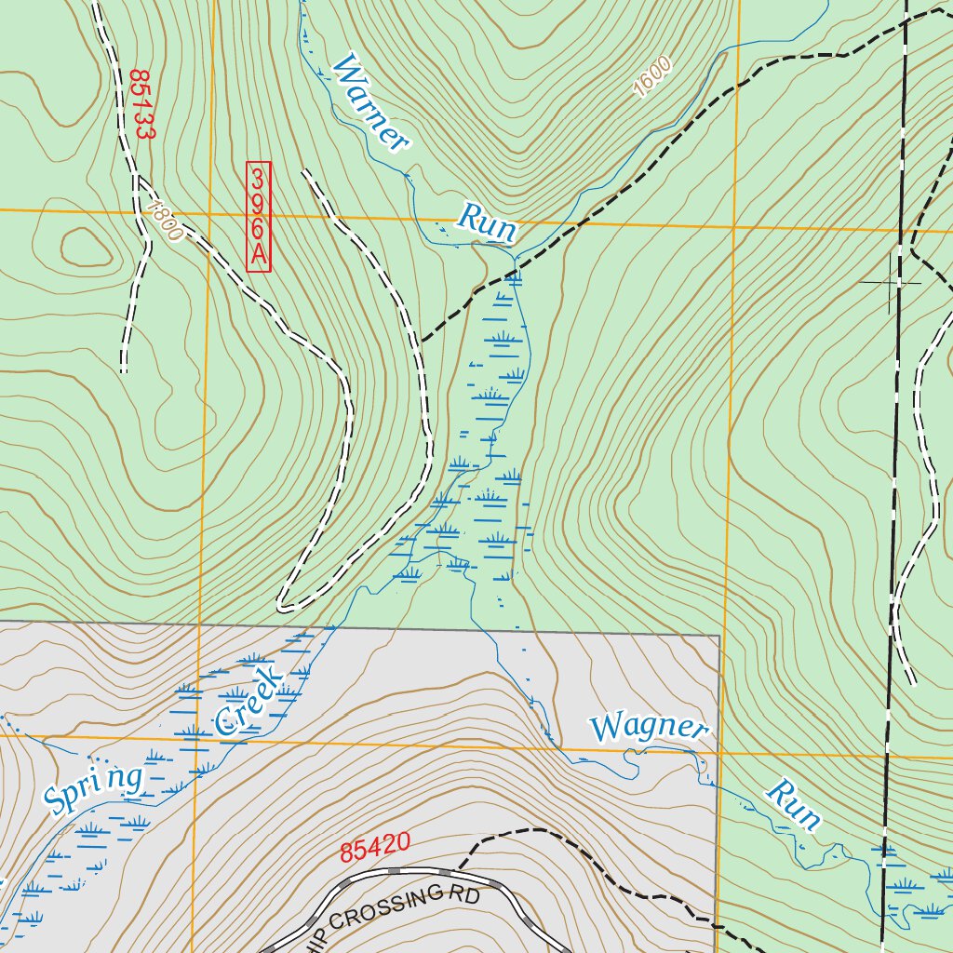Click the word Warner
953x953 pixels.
pos(370,103)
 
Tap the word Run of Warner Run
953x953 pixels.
pos(486,223)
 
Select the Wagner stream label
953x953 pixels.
pos(649,727)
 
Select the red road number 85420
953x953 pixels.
pos(375,849)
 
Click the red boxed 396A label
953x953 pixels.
pos(258,217)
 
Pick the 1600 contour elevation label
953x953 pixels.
pos(651,77)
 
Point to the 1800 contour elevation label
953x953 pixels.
pos(166,221)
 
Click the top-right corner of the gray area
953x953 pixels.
pos(719,637)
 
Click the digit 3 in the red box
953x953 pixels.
pos(258,177)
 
